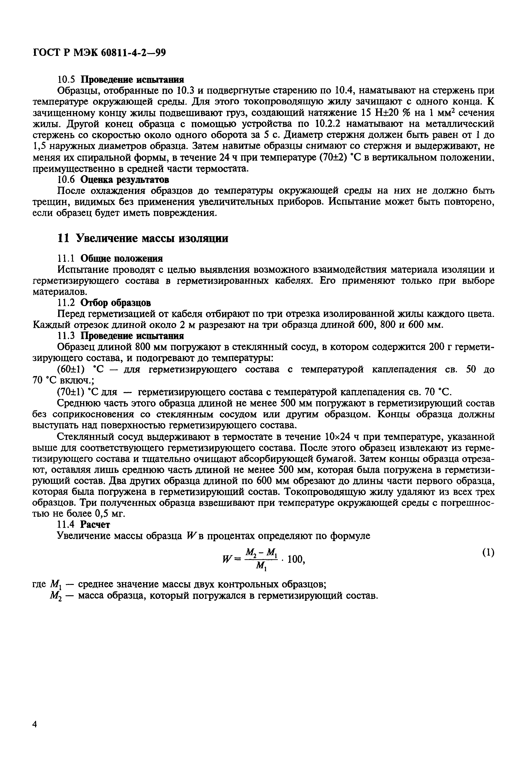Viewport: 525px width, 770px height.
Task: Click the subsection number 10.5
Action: [x=67, y=80]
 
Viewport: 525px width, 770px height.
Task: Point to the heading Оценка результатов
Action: [x=125, y=180]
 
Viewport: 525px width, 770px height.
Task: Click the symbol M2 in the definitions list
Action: [x=54, y=596]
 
